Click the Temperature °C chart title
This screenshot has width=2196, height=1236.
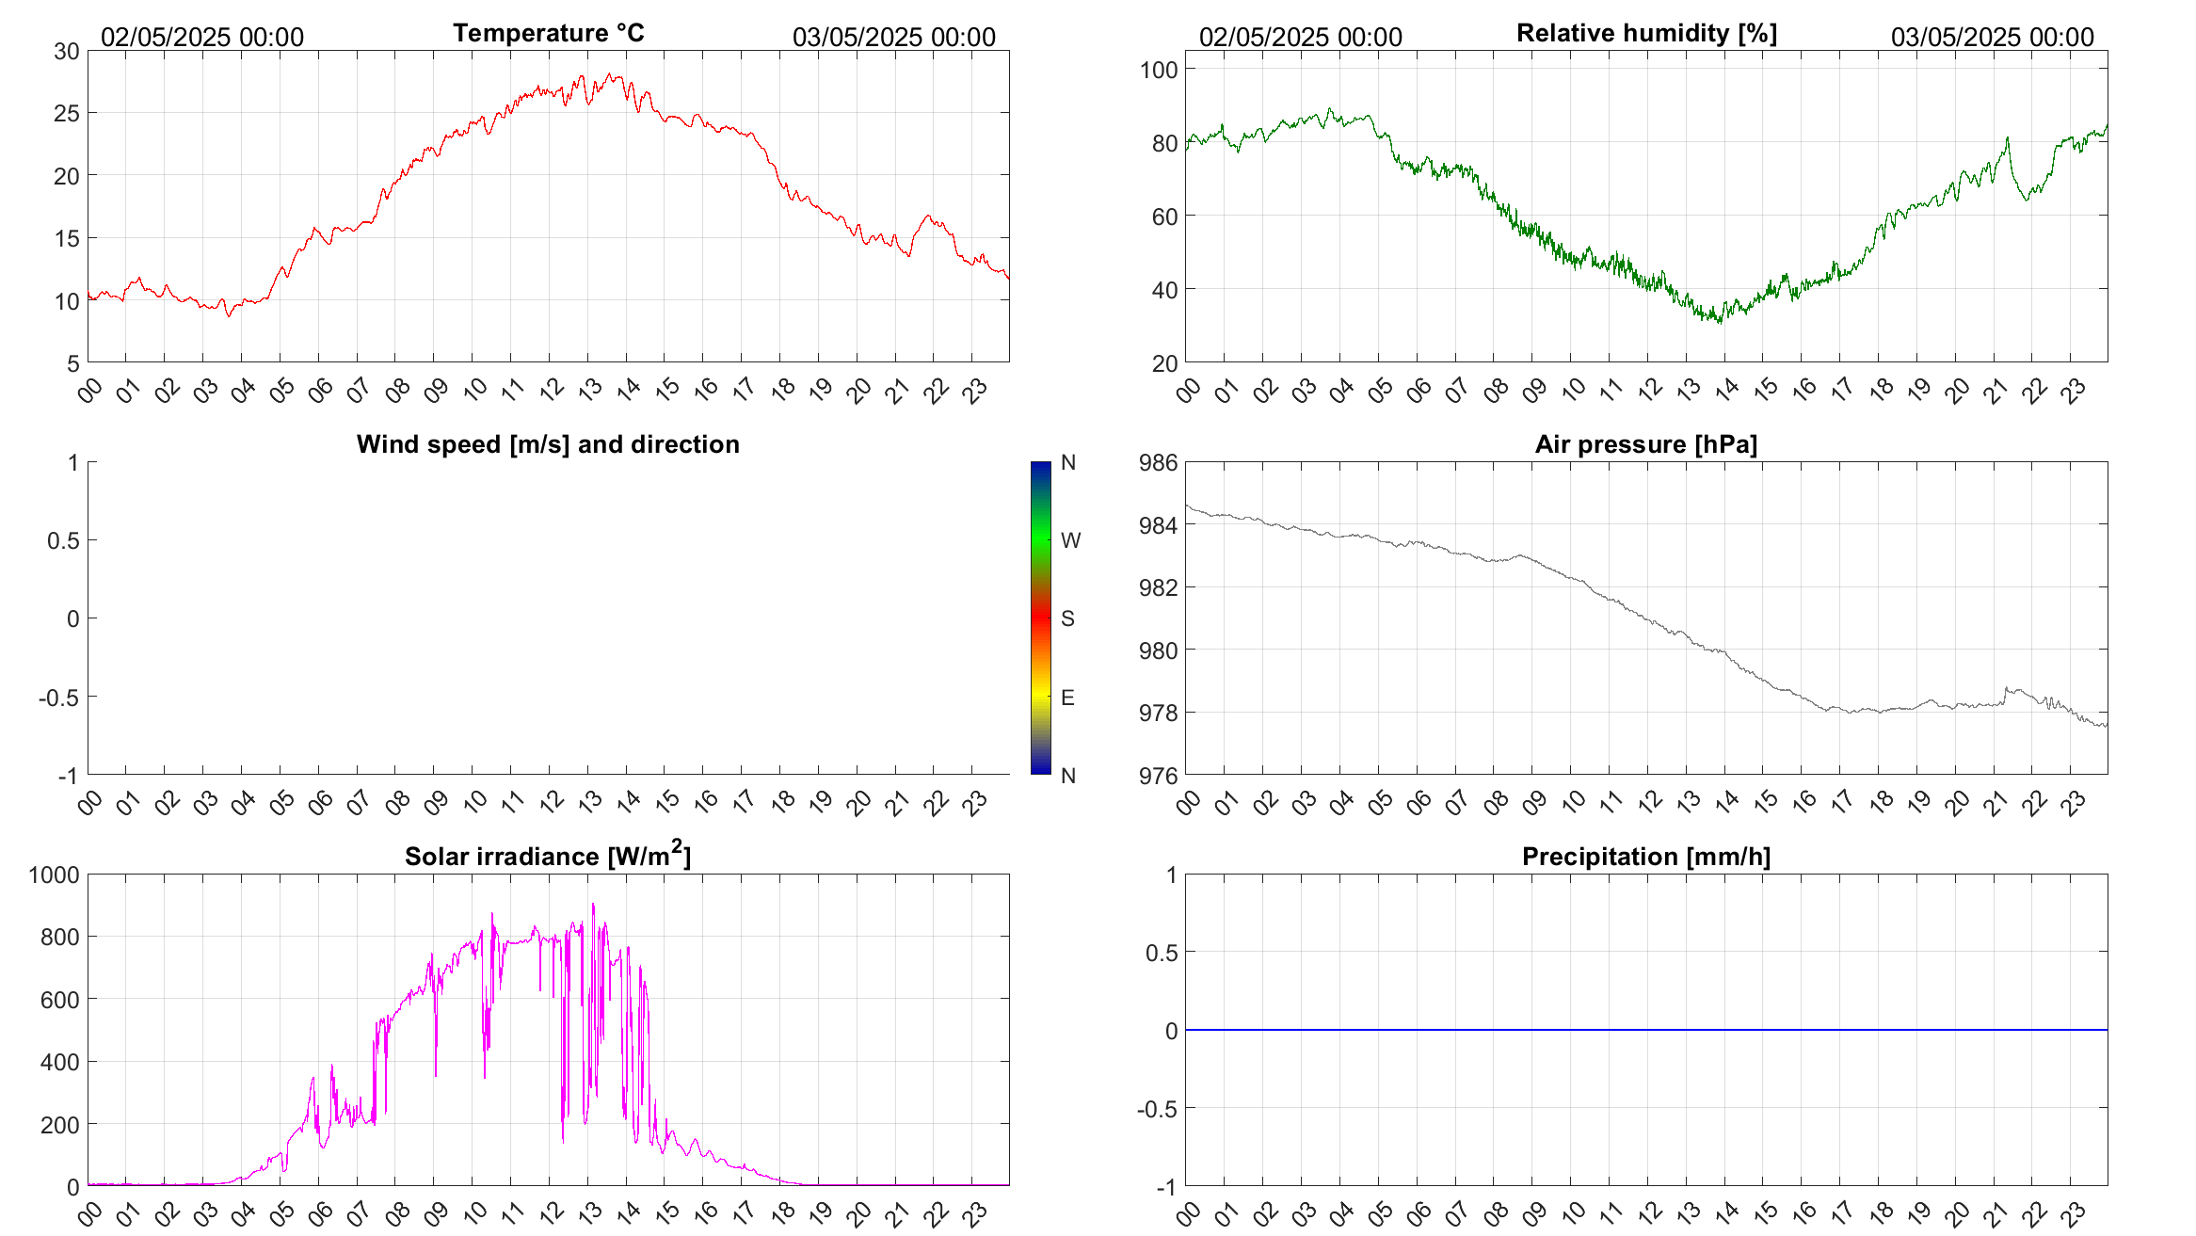[548, 33]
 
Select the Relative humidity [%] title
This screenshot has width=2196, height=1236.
[1646, 33]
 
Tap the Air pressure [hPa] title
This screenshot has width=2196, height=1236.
[1646, 444]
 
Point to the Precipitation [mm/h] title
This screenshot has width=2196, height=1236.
[1646, 857]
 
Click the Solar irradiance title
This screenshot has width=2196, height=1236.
[548, 856]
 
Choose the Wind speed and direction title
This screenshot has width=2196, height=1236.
[548, 444]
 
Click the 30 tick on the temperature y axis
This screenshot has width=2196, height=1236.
[67, 52]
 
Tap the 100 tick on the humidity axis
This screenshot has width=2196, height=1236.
[1159, 70]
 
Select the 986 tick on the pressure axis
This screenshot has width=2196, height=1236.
[1159, 462]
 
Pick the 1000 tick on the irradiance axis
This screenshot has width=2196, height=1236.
[55, 875]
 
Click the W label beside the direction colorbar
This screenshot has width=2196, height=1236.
[1070, 540]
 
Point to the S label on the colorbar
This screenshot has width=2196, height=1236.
[1067, 618]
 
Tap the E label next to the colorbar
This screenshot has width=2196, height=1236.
[1067, 698]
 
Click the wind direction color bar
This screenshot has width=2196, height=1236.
[1040, 618]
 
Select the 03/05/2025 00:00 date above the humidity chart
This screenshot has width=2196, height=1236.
[1992, 38]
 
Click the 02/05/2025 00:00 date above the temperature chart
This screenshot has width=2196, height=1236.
[202, 38]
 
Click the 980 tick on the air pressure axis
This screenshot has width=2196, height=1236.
[1159, 650]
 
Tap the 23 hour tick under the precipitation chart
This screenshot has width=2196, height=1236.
[2073, 1212]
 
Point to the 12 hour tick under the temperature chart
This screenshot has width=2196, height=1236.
[551, 389]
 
